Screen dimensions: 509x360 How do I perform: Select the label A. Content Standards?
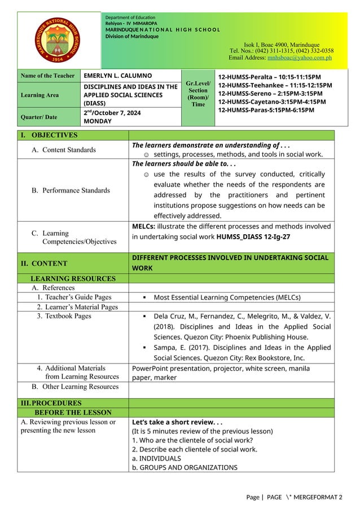click(63, 150)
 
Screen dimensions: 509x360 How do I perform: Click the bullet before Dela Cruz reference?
click(145, 317)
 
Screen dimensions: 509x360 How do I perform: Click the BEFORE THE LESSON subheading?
click(71, 413)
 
